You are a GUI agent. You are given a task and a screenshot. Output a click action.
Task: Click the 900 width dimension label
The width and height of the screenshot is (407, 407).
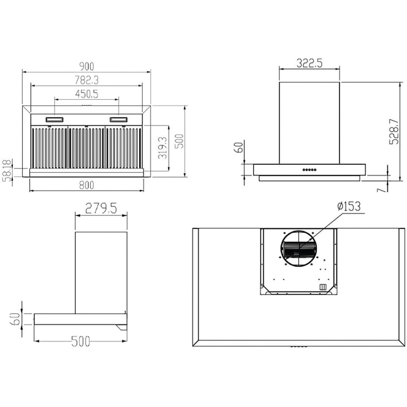click(86, 66)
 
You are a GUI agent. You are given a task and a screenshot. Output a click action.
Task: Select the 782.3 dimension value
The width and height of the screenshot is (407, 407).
click(87, 80)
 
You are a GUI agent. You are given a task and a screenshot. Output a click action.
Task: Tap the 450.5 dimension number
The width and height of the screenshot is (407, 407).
click(87, 94)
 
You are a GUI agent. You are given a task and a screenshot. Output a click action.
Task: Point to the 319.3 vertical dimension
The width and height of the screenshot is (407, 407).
click(163, 148)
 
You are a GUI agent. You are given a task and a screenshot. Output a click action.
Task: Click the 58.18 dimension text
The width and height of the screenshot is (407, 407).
click(8, 171)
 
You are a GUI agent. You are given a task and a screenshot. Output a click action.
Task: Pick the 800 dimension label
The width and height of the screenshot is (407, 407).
click(86, 185)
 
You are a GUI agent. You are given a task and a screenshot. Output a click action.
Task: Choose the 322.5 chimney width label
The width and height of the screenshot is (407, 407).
click(309, 63)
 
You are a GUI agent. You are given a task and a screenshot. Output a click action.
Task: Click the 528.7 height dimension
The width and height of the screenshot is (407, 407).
click(394, 131)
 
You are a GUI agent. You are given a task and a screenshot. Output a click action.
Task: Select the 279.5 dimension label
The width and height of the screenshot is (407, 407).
click(101, 208)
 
